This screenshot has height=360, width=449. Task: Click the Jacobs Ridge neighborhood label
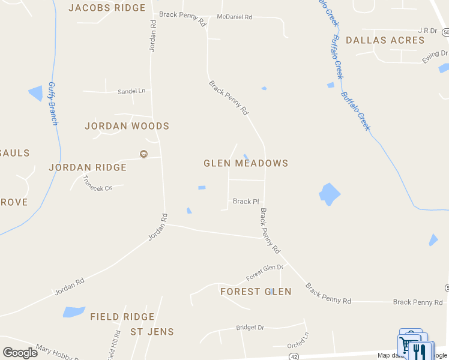pos(107,8)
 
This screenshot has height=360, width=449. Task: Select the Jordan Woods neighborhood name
pos(127,126)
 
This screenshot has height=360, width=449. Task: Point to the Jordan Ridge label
pos(88,167)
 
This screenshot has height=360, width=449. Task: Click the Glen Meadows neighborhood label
pos(246,163)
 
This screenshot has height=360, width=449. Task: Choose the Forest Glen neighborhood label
pos(256,292)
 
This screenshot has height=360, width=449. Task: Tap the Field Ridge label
pos(122,316)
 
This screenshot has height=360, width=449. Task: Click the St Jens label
pos(152,332)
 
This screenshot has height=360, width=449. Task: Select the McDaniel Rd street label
pos(235,17)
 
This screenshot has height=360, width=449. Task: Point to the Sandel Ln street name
pos(133,91)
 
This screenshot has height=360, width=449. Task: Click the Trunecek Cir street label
pos(97,183)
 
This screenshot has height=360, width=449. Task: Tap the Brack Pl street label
pos(246,202)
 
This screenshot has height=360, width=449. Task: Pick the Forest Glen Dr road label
pos(264,273)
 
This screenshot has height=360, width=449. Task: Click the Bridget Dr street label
pos(250,328)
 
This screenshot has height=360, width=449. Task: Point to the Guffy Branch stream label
pos(52,103)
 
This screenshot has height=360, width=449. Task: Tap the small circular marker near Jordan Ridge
pos(143,154)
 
